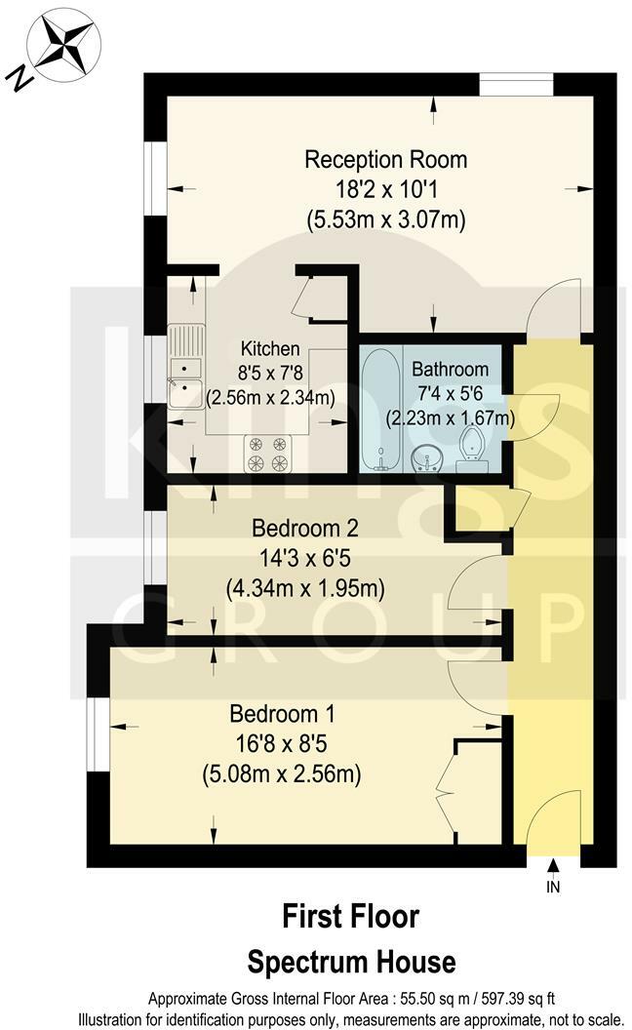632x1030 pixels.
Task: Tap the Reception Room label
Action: (385, 159)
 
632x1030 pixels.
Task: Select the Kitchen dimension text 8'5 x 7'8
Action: (270, 372)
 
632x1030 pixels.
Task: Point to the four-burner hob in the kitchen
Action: (268, 452)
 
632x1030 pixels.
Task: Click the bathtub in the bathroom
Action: (378, 410)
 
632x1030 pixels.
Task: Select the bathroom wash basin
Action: (425, 456)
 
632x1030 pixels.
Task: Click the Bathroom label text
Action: (450, 370)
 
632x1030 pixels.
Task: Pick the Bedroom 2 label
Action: (305, 529)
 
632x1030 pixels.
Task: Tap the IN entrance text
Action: (553, 889)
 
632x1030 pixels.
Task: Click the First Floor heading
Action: (350, 917)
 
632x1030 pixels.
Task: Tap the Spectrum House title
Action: (350, 963)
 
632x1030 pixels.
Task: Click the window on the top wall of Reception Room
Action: (515, 85)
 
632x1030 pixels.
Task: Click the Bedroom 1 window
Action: (98, 727)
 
